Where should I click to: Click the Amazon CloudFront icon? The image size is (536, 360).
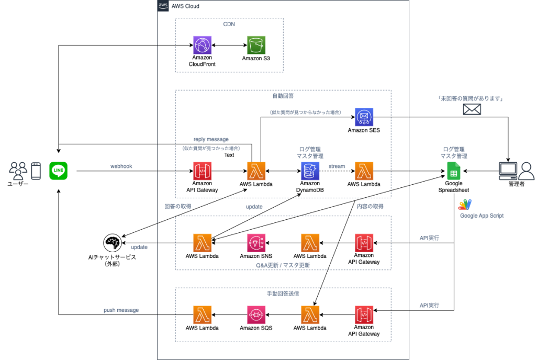click(x=202, y=45)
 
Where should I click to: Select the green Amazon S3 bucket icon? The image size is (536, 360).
click(x=256, y=45)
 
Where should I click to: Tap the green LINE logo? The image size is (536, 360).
click(x=58, y=171)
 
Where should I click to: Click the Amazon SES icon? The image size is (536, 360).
click(x=364, y=117)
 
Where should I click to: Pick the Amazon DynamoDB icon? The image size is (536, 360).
click(x=310, y=171)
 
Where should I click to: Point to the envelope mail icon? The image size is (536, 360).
click(x=472, y=109)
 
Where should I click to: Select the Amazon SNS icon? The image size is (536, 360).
click(x=256, y=243)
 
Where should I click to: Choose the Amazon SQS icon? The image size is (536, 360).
click(x=256, y=315)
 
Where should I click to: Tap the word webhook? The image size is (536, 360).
click(x=121, y=166)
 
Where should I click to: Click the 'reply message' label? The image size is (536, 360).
click(x=211, y=139)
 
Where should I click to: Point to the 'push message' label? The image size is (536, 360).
click(x=121, y=310)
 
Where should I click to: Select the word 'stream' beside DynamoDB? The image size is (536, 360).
click(x=337, y=166)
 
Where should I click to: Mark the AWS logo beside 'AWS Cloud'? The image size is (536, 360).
click(x=163, y=6)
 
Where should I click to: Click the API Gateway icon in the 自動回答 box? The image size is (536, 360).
click(x=202, y=171)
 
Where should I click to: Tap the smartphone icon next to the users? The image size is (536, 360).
click(x=36, y=171)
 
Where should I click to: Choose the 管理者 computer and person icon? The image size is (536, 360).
click(x=516, y=170)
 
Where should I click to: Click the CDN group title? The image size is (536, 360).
click(x=229, y=24)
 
